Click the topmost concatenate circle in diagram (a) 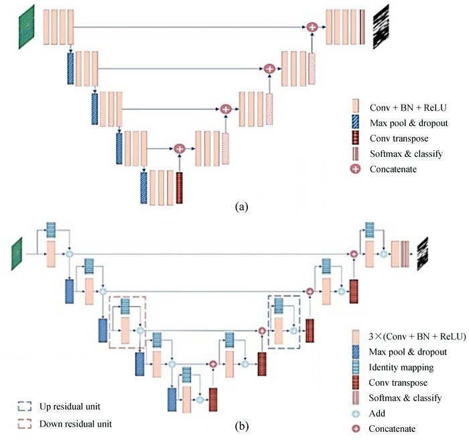[312, 27]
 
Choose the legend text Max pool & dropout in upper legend [406, 123]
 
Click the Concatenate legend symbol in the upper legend [356, 169]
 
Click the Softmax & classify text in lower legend [406, 398]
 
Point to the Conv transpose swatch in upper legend [356, 138]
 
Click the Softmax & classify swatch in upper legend [356, 154]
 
